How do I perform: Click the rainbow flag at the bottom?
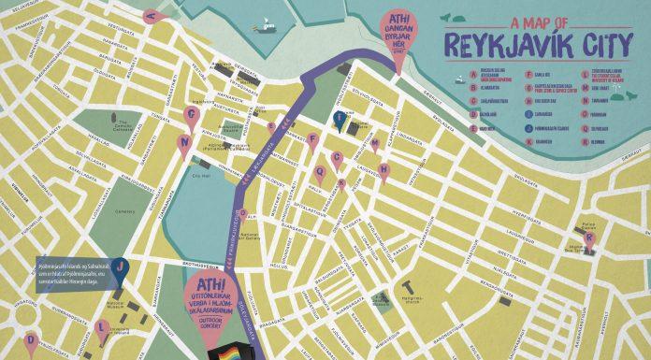tap(227, 350)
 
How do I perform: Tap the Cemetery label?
tap(126, 211)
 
